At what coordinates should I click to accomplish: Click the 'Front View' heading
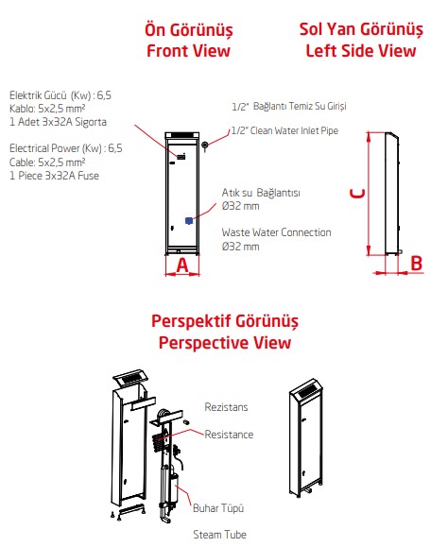pyautogui.click(x=188, y=51)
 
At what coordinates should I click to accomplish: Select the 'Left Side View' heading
pyautogui.click(x=361, y=51)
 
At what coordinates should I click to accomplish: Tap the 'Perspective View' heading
pyautogui.click(x=225, y=343)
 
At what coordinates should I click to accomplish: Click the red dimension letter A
pyautogui.click(x=182, y=265)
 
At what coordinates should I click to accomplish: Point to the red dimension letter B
pyautogui.click(x=416, y=263)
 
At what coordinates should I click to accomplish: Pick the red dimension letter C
pyautogui.click(x=357, y=194)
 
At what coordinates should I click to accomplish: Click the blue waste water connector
pyautogui.click(x=189, y=220)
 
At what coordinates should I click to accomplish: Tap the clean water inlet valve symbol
pyautogui.click(x=204, y=145)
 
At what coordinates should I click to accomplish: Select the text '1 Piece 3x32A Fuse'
pyautogui.click(x=54, y=176)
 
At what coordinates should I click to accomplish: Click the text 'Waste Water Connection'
pyautogui.click(x=276, y=232)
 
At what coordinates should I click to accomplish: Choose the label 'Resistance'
pyautogui.click(x=229, y=435)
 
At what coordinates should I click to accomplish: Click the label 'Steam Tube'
pyautogui.click(x=220, y=535)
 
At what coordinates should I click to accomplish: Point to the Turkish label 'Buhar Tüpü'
pyautogui.click(x=218, y=508)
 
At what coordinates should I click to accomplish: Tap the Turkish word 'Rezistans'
pyautogui.click(x=226, y=407)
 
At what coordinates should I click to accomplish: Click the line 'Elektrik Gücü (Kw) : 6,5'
pyautogui.click(x=60, y=95)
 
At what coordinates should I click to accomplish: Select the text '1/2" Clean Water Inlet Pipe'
pyautogui.click(x=284, y=130)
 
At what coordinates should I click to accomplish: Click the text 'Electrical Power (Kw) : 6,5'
pyautogui.click(x=66, y=148)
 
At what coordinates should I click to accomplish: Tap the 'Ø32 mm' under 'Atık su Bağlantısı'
pyautogui.click(x=240, y=206)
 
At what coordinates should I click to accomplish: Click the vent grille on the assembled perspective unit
pyautogui.click(x=307, y=391)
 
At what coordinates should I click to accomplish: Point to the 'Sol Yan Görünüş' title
pyautogui.click(x=361, y=29)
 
